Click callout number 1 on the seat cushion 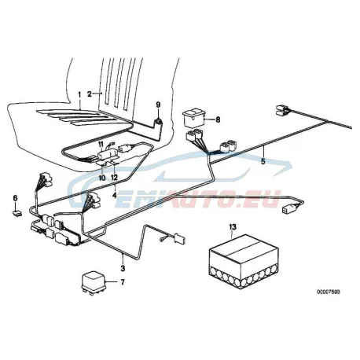point(79,94)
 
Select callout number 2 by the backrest point(90,94)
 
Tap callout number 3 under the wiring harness point(123,268)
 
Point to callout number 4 point(114,195)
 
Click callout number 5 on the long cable point(263,161)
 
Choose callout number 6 point(15,198)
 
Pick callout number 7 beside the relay point(123,282)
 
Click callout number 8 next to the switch point(218,119)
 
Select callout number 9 point(158,105)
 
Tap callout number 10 point(102,178)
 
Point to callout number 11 point(101,144)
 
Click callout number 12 point(114,178)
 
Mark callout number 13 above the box point(233,226)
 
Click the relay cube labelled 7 point(94,284)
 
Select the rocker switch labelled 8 point(194,119)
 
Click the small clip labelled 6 point(17,213)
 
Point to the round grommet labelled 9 point(158,122)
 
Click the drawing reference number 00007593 point(329,292)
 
